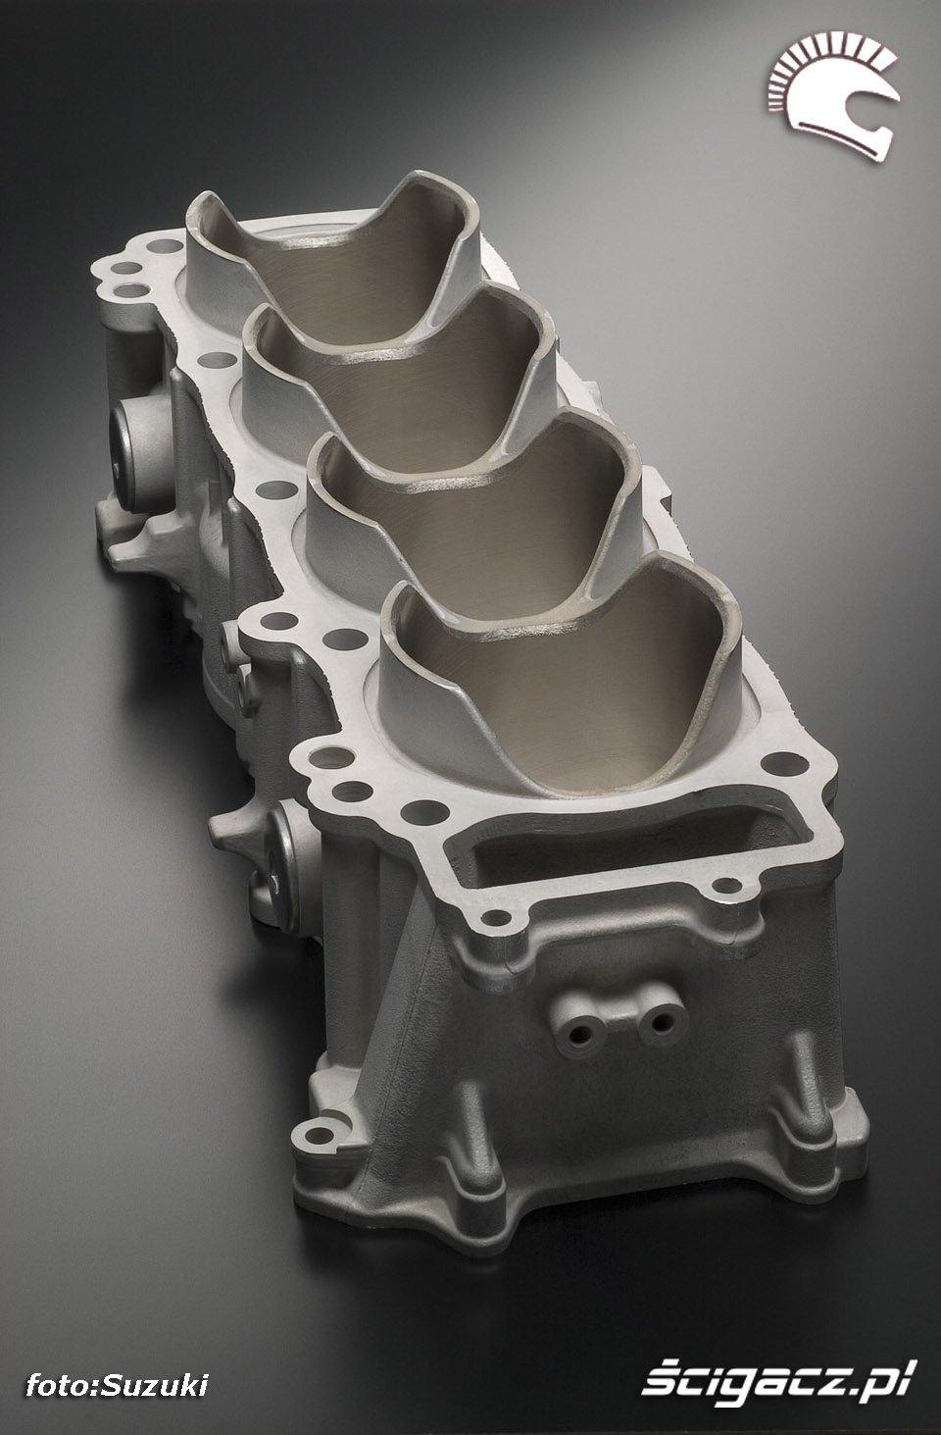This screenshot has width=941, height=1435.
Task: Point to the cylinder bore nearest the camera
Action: coord(564,692)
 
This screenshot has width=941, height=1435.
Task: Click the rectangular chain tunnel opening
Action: coord(620,840)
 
